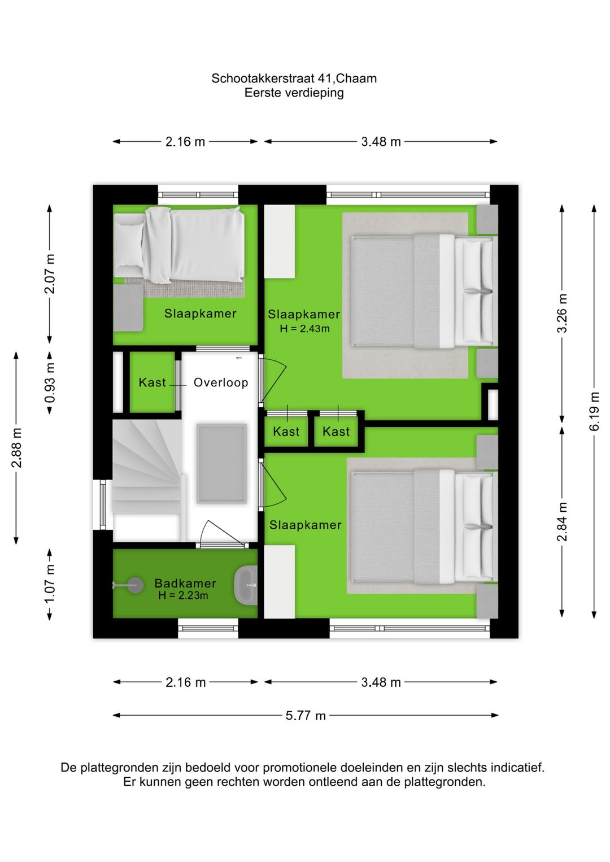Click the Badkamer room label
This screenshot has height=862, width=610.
point(185,583)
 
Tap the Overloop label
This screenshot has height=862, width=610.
point(221,382)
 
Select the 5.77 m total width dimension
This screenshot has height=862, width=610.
point(305,715)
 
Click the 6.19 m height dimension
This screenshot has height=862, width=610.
point(594,411)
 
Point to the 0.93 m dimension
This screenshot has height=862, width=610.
point(50,382)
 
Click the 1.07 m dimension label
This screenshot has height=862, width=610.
point(50,584)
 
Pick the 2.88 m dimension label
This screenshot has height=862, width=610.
point(17,447)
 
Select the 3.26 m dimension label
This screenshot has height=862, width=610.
point(562,313)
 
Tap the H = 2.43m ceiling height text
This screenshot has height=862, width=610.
point(304,329)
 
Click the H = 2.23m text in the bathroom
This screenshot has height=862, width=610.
point(183,595)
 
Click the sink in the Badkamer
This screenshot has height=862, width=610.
point(246,585)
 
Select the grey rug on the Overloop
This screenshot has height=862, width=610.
point(221,463)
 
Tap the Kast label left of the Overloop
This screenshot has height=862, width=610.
point(152,382)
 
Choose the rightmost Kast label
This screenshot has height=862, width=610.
point(336,432)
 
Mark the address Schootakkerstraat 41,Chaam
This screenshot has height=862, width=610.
point(294,79)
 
